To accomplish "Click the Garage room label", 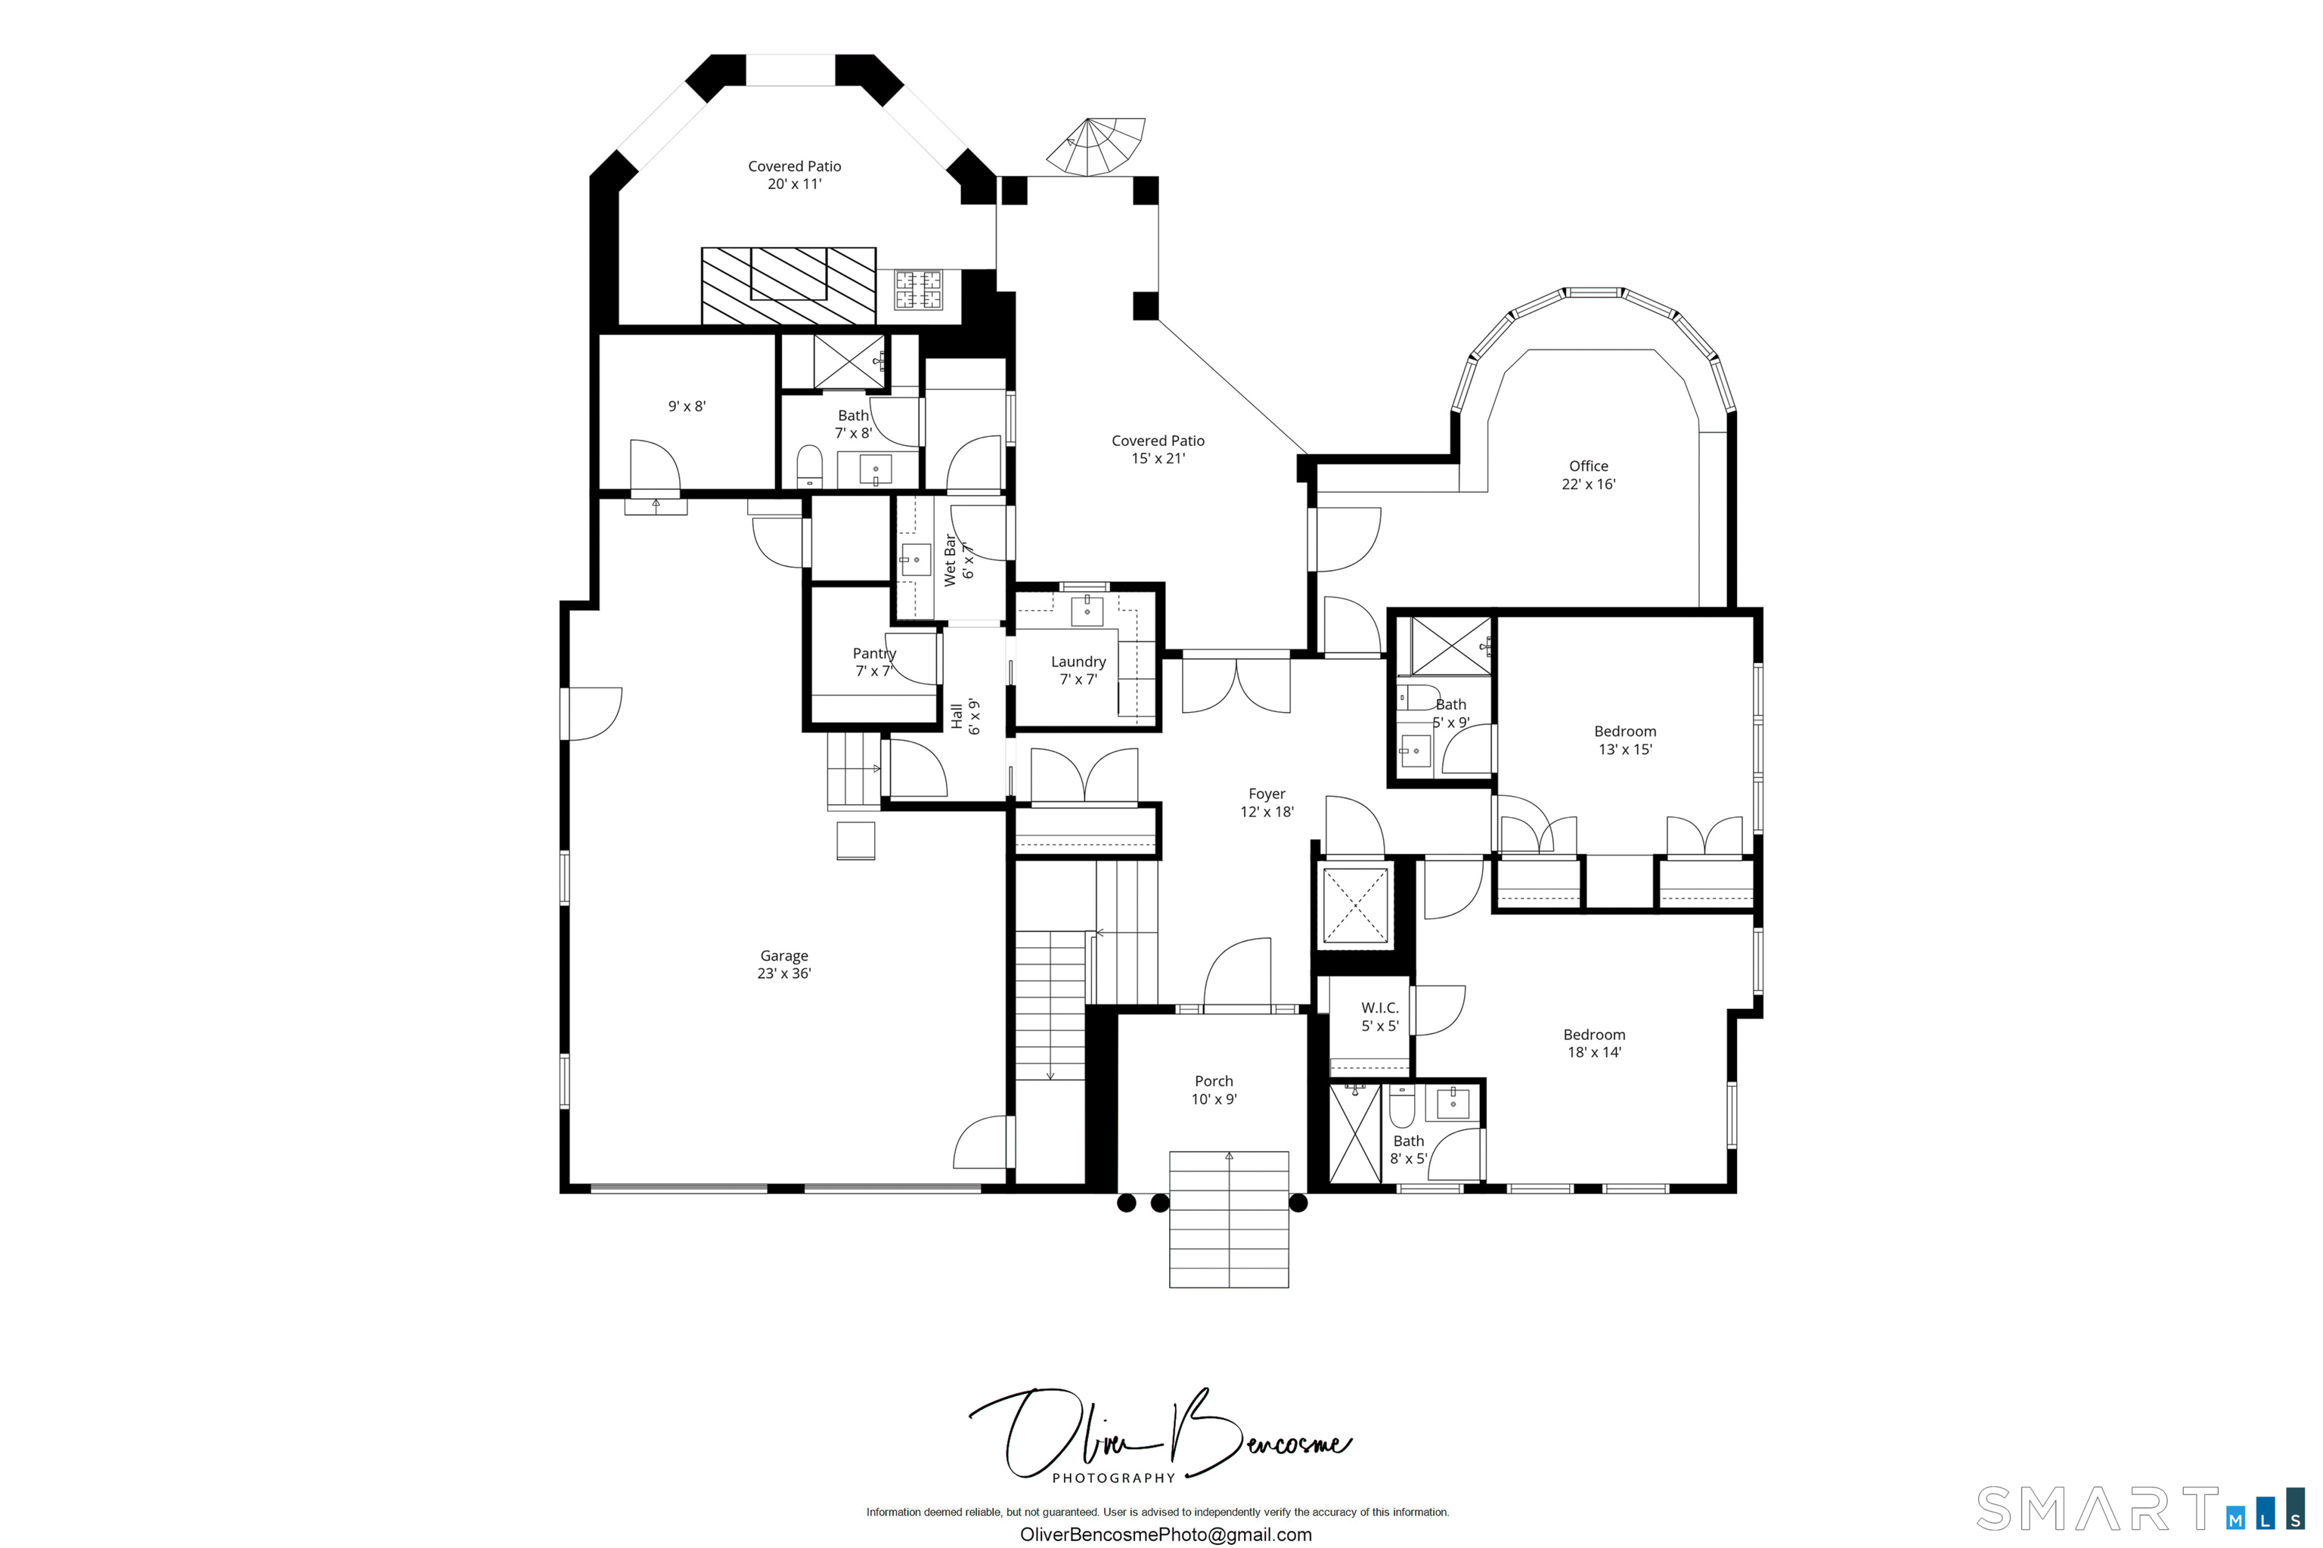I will (x=784, y=964).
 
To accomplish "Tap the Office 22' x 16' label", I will (x=1588, y=475).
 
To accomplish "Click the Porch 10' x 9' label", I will (x=1214, y=1090).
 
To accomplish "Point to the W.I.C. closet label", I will (x=1380, y=1017).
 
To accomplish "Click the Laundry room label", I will (x=1078, y=670).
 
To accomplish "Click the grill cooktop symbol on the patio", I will (x=919, y=289).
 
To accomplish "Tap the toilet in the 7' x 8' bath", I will (x=810, y=466).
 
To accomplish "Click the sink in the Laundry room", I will (x=1087, y=609).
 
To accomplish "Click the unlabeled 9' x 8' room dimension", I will (x=687, y=407).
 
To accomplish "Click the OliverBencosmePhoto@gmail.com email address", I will (x=1165, y=1534).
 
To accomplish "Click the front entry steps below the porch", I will (x=1229, y=1220).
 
